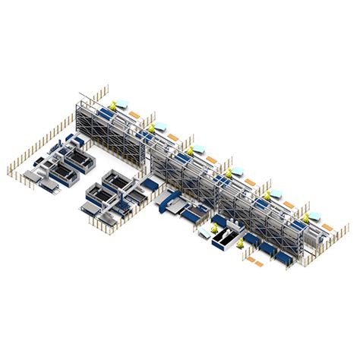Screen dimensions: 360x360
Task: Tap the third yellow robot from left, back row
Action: [x=191, y=150]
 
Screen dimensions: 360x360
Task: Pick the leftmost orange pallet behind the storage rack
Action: [x=133, y=115]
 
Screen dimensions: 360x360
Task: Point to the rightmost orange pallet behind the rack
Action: [x=326, y=226]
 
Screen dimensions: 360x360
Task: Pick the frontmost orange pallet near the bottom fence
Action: [x=257, y=264]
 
